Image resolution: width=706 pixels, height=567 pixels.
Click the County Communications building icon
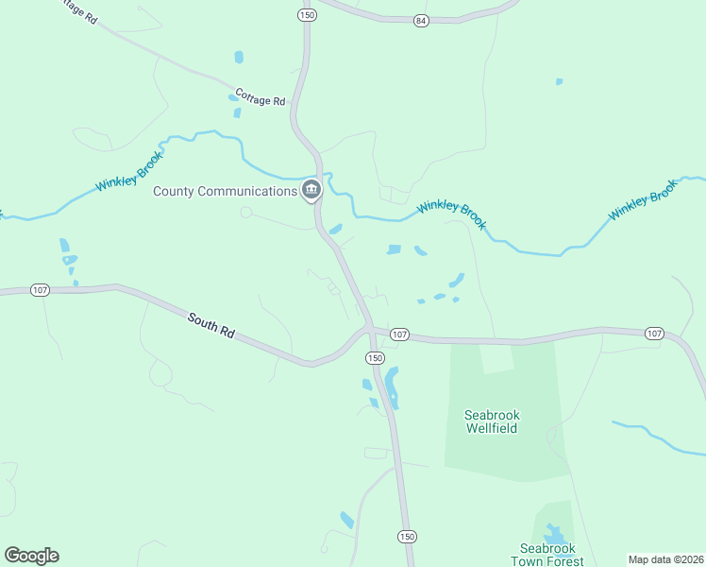pos(311,191)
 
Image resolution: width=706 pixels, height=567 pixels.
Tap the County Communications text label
pos(226,191)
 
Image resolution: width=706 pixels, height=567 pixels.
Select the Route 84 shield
pos(420,20)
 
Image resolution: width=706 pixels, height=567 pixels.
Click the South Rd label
pos(210,326)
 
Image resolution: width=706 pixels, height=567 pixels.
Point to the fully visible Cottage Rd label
pos(261,98)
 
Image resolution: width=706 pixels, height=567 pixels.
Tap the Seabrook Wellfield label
pos(493,421)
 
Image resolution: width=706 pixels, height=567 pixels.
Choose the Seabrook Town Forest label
pos(552,555)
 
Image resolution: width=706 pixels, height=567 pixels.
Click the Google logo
pos(31,556)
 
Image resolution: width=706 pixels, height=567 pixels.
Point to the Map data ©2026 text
pos(665,559)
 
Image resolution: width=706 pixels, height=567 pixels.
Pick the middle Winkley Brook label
pos(452,214)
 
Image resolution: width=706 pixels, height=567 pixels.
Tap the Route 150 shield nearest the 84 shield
pos(306,15)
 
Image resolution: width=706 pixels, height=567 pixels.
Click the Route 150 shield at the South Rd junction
pos(375,358)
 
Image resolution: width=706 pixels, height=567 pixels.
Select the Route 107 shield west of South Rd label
pos(40,290)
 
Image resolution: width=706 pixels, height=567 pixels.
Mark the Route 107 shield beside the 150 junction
pos(399,335)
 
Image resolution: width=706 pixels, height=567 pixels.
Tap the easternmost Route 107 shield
pos(654,334)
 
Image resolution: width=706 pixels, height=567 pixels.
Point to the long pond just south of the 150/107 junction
pos(392,386)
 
